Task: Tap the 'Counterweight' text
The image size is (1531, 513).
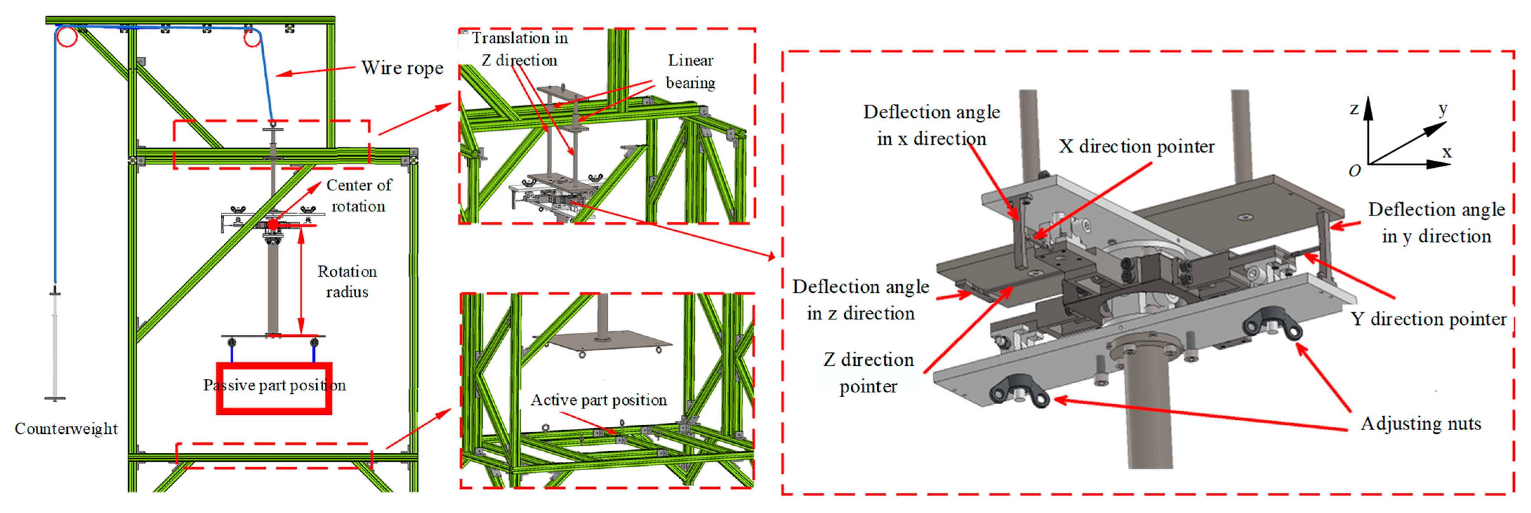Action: pyautogui.click(x=66, y=429)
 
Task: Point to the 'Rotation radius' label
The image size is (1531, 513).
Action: pyautogui.click(x=347, y=282)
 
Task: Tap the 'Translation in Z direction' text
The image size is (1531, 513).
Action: pyautogui.click(x=520, y=49)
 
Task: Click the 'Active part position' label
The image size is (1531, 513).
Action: pyautogui.click(x=599, y=400)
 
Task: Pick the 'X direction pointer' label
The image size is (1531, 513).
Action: pyautogui.click(x=1136, y=147)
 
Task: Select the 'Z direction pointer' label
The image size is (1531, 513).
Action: pyautogui.click(x=868, y=373)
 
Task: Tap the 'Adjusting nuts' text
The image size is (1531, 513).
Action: pyautogui.click(x=1420, y=424)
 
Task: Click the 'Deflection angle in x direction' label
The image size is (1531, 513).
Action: pyautogui.click(x=931, y=125)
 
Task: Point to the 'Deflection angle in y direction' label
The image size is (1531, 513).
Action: pyautogui.click(x=1436, y=223)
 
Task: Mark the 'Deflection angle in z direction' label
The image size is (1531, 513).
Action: pyautogui.click(x=860, y=300)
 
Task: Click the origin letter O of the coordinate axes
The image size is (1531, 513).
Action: pyautogui.click(x=1354, y=171)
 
